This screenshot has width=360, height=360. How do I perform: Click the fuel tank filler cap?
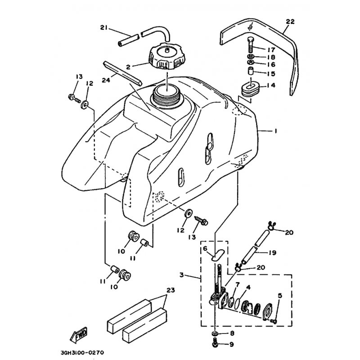point(166,56)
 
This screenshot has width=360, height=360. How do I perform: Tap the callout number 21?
point(104,27)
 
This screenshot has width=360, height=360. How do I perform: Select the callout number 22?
point(290,22)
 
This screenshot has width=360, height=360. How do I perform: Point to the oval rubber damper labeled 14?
point(250,87)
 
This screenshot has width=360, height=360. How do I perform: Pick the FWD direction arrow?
point(78,334)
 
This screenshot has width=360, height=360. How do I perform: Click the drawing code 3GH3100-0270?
point(82,352)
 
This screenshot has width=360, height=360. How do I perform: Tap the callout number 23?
point(171,290)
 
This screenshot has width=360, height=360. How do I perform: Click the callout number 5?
point(279,296)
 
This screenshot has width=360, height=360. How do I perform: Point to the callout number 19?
point(272,252)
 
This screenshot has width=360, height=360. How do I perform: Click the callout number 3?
point(182,274)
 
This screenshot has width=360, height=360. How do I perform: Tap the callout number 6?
point(205,248)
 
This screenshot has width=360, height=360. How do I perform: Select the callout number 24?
point(106,80)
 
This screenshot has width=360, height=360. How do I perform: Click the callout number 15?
point(271,74)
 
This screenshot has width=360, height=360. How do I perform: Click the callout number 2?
point(128,67)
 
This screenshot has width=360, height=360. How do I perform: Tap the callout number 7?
point(238,285)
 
